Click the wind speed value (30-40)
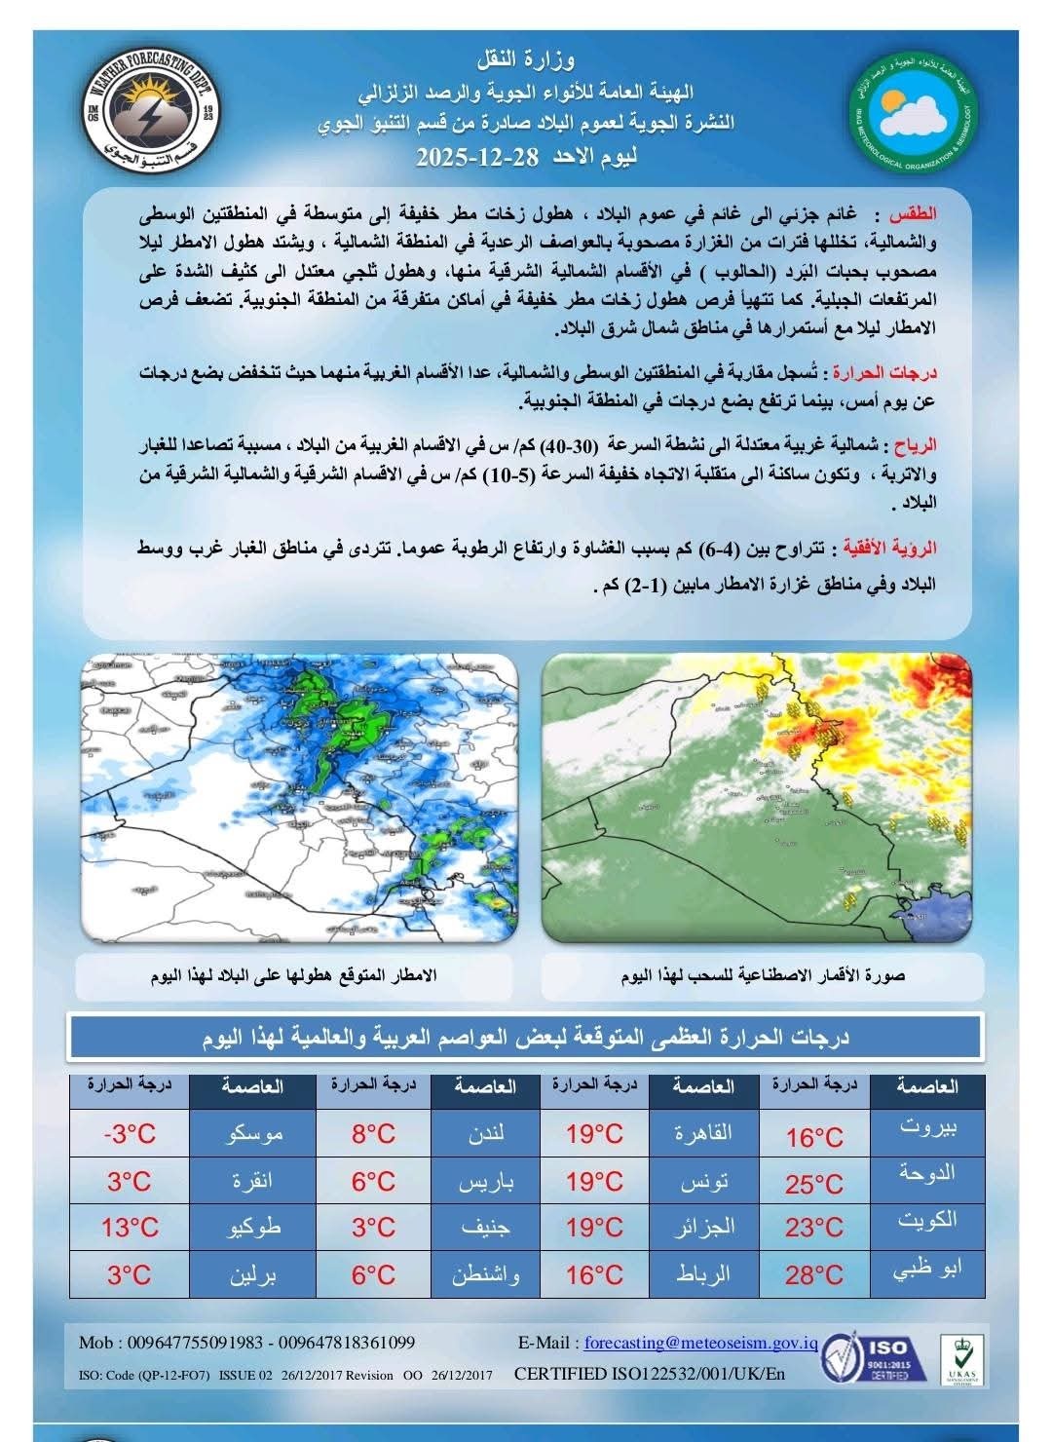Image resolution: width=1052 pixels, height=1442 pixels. click(567, 445)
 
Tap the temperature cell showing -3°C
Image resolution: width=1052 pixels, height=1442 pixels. click(130, 1134)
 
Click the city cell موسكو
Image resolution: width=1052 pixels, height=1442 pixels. click(253, 1134)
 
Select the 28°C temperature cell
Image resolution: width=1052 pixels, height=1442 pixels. click(814, 1273)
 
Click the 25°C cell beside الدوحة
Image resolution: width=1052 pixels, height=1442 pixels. click(814, 1184)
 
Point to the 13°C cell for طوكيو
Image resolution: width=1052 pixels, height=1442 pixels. click(130, 1227)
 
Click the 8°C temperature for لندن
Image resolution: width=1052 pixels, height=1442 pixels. click(373, 1134)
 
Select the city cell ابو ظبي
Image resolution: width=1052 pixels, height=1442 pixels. click(927, 1269)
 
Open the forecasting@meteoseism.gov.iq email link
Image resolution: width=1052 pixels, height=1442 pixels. click(700, 1343)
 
